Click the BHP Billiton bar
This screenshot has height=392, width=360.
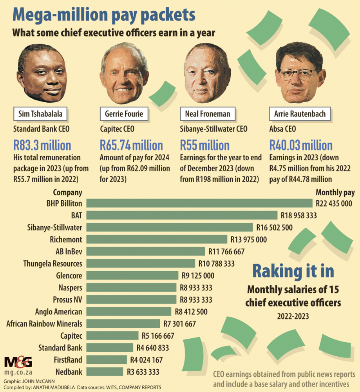pyautogui.click(x=200, y=203)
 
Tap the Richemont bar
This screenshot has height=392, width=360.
pyautogui.click(x=157, y=239)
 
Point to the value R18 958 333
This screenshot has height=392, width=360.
pyautogui.click(x=299, y=215)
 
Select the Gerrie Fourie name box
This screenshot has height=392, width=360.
pyautogui.click(x=124, y=114)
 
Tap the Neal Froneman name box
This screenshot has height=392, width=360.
pyautogui.click(x=208, y=114)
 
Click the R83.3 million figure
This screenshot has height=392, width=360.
pyautogui.click(x=42, y=145)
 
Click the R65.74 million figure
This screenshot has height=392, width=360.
pyautogui.click(x=131, y=145)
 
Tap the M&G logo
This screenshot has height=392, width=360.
pyautogui.click(x=18, y=362)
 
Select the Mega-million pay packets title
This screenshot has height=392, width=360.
pyautogui.click(x=104, y=15)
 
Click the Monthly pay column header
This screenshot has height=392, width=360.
pyautogui.click(x=335, y=192)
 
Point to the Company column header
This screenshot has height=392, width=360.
pyautogui.click(x=67, y=192)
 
